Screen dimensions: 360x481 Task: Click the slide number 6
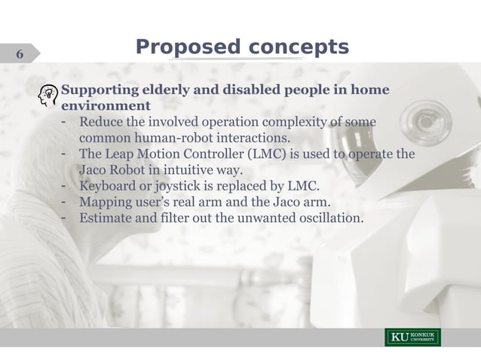tap(19, 54)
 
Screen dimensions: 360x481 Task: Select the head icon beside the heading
tap(49, 96)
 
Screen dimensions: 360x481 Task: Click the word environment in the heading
tap(106, 106)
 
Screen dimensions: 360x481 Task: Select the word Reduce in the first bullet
tap(103, 123)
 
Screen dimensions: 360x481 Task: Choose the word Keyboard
tap(109, 186)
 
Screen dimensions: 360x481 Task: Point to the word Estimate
tap(108, 218)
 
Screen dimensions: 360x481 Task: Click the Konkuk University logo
tap(413, 337)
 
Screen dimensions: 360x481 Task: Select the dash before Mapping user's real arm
tap(66, 202)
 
